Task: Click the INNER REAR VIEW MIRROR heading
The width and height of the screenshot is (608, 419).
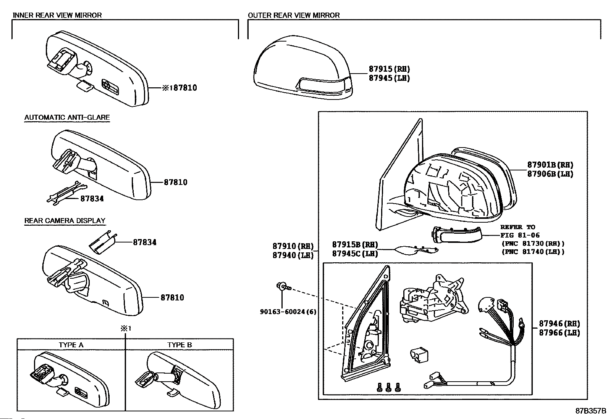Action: [57, 15]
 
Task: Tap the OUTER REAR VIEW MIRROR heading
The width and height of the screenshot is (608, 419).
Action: [294, 15]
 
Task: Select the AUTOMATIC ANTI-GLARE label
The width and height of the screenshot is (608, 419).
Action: [67, 117]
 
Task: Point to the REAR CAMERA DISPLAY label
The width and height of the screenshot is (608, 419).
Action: [65, 221]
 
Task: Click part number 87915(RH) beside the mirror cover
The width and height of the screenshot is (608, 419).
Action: [389, 69]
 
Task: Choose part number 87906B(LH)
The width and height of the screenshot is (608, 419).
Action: [550, 174]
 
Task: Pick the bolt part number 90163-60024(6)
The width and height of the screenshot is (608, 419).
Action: [288, 312]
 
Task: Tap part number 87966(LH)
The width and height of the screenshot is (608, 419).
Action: [559, 332]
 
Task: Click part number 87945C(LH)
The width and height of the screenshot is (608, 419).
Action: [355, 254]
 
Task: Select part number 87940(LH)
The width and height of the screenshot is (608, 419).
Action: [293, 255]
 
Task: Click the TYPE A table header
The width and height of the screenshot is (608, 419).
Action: [71, 345]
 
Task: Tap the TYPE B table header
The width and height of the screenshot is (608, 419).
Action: [179, 345]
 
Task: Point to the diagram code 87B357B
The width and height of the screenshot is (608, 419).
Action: [591, 411]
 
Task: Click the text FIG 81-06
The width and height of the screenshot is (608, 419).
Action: [520, 235]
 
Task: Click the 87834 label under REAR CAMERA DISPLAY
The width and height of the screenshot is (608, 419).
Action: [145, 242]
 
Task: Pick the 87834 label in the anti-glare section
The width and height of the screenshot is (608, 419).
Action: [92, 199]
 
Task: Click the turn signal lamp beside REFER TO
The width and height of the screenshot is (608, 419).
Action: [456, 234]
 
